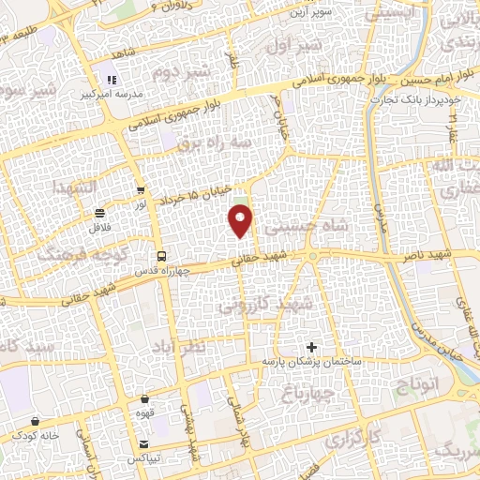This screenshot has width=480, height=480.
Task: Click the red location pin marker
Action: pos(241,220)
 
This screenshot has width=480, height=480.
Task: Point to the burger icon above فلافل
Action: pos(100,213)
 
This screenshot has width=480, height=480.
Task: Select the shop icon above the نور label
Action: pos(142,190)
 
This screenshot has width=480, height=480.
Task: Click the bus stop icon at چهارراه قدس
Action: pos(161,255)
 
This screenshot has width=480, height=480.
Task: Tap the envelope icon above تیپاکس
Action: pos(143,443)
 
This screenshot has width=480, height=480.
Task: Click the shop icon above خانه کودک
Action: pos(21,435)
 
